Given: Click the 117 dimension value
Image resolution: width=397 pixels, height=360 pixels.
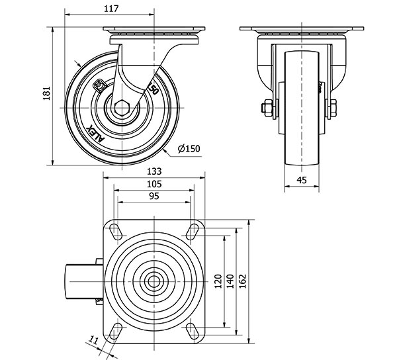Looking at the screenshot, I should click(x=110, y=9).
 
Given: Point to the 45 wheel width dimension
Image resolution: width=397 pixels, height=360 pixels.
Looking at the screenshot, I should click(x=301, y=179).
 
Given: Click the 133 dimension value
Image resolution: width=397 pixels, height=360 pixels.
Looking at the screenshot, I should click(x=154, y=170).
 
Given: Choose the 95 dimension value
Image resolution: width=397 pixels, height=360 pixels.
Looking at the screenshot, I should click(x=154, y=197).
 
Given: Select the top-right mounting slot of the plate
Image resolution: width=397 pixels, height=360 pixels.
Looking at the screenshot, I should click(x=193, y=231).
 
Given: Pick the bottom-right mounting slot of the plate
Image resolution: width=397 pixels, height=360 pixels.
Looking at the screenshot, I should click(x=193, y=330).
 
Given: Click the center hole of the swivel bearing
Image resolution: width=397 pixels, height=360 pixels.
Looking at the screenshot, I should click(x=154, y=281).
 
